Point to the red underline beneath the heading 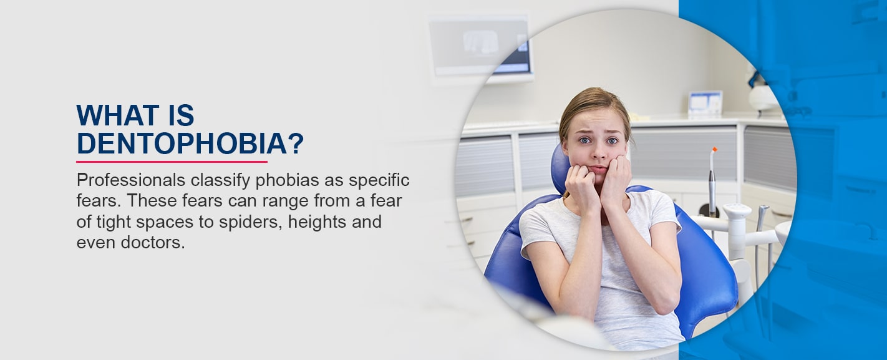click(172, 162)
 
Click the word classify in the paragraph click(220, 181)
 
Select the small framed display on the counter click(705, 104)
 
